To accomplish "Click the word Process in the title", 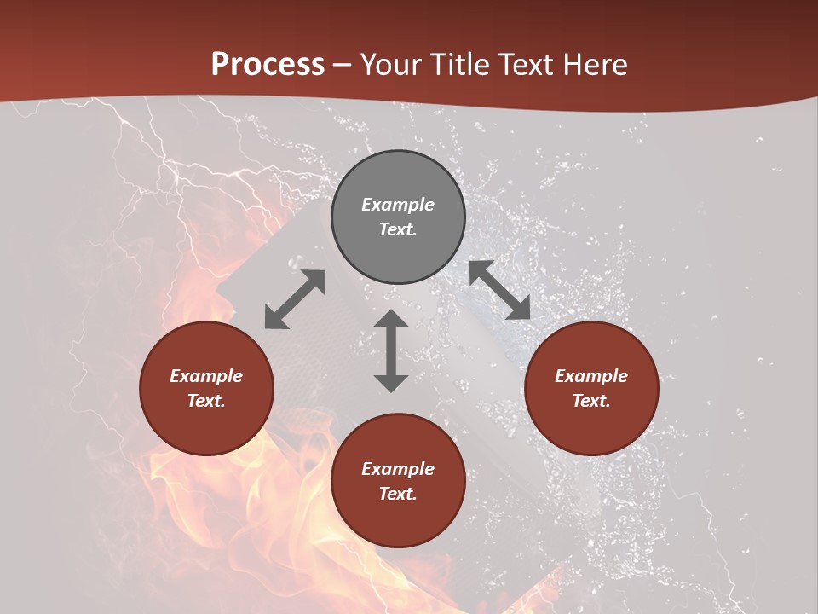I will pyautogui.click(x=268, y=65).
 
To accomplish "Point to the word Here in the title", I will pyautogui.click(x=596, y=65).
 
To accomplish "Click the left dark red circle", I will pyautogui.click(x=206, y=388).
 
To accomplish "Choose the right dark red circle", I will pyautogui.click(x=591, y=388).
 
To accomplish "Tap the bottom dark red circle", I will pyautogui.click(x=398, y=481).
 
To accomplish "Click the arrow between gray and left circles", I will pyautogui.click(x=295, y=299).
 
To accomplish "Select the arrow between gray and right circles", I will pyautogui.click(x=500, y=290).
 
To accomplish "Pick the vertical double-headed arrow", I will pyautogui.click(x=391, y=350).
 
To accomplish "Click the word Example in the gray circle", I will pyautogui.click(x=398, y=205).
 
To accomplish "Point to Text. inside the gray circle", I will pyautogui.click(x=398, y=229).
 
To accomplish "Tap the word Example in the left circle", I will pyautogui.click(x=206, y=376).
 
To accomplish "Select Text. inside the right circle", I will pyautogui.click(x=591, y=401).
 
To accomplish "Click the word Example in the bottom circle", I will pyautogui.click(x=398, y=469).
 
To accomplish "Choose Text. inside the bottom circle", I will pyautogui.click(x=398, y=494).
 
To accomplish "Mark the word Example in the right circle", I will pyautogui.click(x=591, y=376).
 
